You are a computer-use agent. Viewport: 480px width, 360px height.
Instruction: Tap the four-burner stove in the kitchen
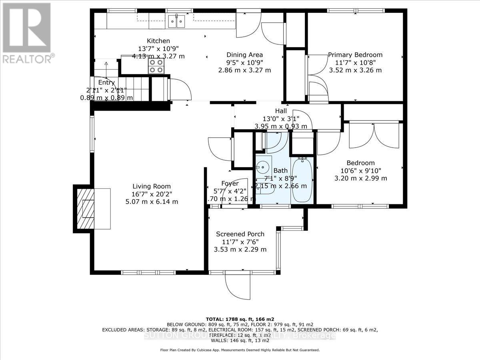click(x=156, y=66)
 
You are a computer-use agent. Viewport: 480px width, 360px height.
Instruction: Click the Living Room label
click(x=152, y=186)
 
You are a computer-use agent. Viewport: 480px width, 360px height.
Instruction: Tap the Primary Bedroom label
click(x=355, y=55)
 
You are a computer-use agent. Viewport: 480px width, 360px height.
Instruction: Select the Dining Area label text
click(x=244, y=55)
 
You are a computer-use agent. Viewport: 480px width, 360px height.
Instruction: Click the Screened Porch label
click(x=240, y=234)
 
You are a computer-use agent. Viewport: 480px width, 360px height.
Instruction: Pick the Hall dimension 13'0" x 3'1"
click(x=281, y=119)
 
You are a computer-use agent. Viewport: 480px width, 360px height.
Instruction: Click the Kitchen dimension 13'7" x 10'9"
click(x=158, y=48)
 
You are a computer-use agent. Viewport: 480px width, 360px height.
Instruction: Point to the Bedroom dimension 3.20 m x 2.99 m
click(x=360, y=178)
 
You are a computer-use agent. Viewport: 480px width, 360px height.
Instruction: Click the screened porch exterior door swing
click(x=237, y=286)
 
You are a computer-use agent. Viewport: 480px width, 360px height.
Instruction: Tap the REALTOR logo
click(x=27, y=32)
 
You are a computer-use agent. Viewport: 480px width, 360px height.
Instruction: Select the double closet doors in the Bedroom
click(x=374, y=136)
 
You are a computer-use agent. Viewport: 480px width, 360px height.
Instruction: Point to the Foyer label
click(x=230, y=184)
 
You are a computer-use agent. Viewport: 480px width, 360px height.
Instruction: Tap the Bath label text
click(x=280, y=171)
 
